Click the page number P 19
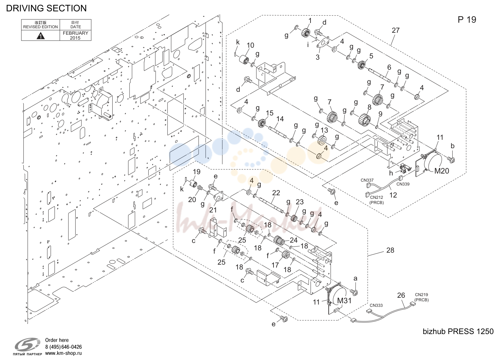(467, 20)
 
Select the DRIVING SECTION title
(46, 8)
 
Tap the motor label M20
(442, 171)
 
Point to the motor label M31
(344, 301)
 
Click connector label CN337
(367, 180)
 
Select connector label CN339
(403, 184)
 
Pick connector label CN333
(376, 305)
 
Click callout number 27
(396, 30)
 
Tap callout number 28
(390, 250)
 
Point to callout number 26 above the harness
(401, 295)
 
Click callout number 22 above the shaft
(276, 193)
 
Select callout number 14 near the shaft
(280, 119)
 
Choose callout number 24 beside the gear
(294, 240)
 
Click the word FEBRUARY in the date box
(76, 33)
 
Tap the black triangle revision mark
(41, 36)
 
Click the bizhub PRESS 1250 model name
(458, 331)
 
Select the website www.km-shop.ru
(63, 353)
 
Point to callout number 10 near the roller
(250, 45)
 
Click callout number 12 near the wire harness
(393, 195)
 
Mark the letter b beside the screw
(452, 146)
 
